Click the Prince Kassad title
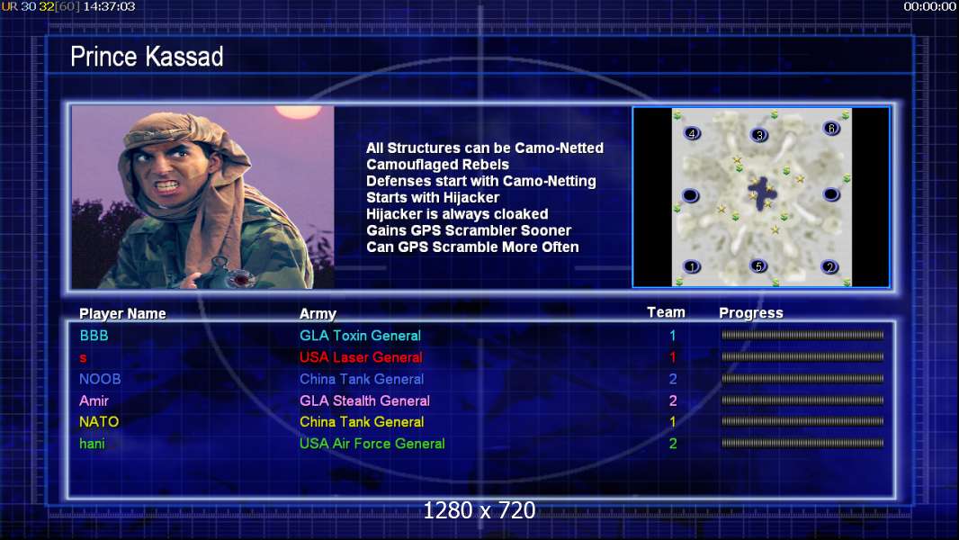(147, 57)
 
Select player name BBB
(94, 336)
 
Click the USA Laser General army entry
(361, 357)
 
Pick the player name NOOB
(100, 379)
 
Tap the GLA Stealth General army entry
(364, 400)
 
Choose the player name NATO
(99, 422)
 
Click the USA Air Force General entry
(372, 444)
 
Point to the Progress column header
(751, 313)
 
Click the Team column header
(666, 312)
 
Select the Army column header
(318, 314)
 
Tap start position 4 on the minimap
(692, 133)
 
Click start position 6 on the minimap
(831, 129)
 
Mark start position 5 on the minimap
(758, 266)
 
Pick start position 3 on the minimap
(759, 135)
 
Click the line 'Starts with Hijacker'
(433, 197)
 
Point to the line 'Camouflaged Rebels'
(437, 165)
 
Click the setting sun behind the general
(298, 112)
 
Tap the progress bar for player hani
(802, 443)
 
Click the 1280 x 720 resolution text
(479, 510)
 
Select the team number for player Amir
(673, 400)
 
